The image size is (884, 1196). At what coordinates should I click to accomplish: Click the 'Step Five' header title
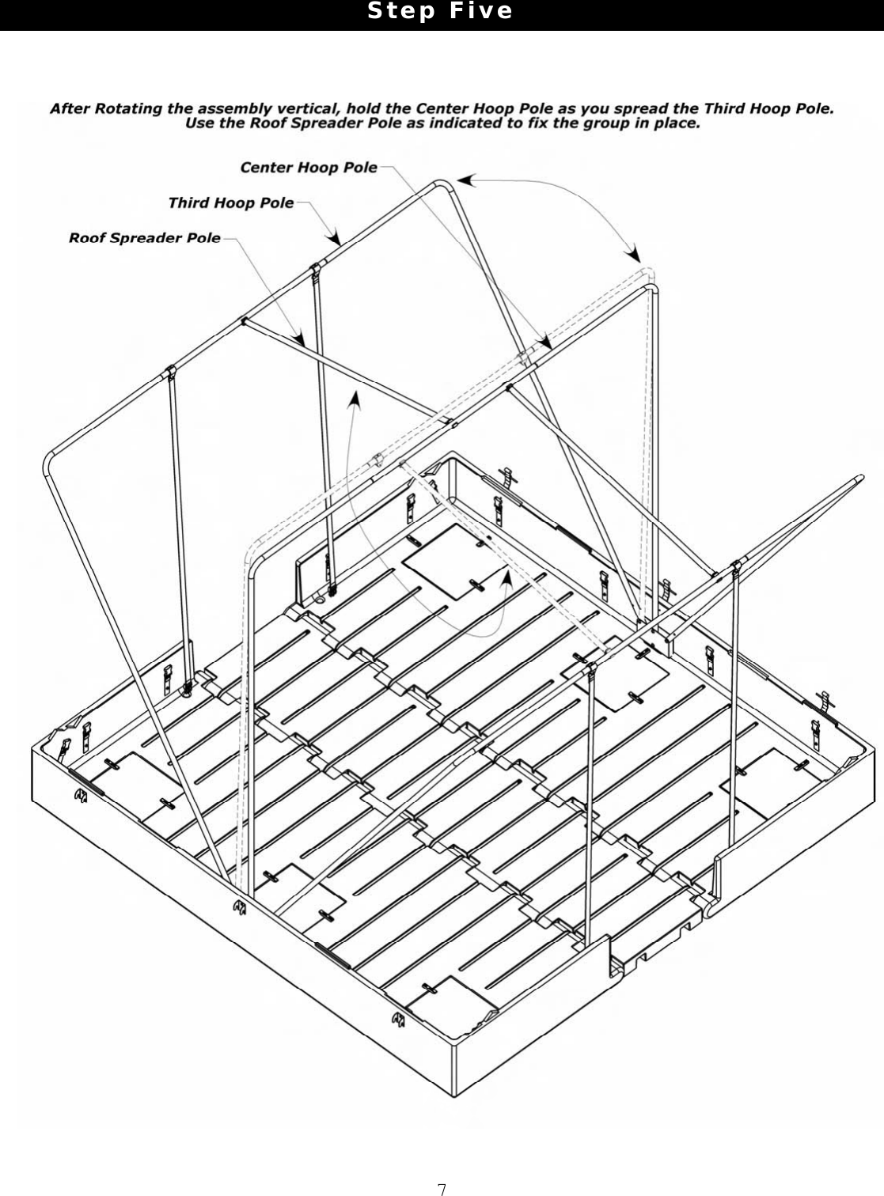pyautogui.click(x=441, y=12)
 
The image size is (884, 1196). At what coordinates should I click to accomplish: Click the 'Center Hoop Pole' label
pyautogui.click(x=309, y=168)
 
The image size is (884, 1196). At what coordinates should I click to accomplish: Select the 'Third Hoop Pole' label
pyautogui.click(x=230, y=203)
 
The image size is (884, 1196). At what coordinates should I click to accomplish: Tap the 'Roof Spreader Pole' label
pyautogui.click(x=144, y=238)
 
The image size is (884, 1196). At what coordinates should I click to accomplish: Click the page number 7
pyautogui.click(x=442, y=1188)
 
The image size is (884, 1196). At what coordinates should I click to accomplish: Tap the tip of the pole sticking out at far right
pyautogui.click(x=859, y=479)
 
